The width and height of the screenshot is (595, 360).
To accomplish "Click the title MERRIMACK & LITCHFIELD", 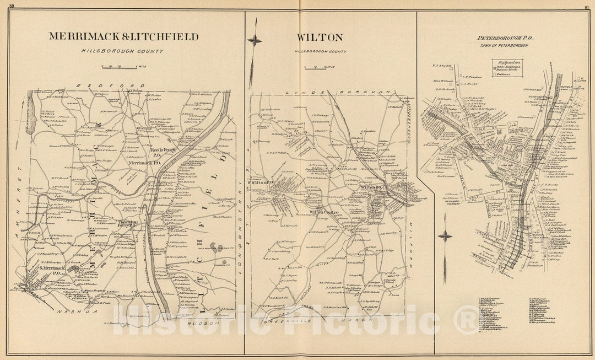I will click(x=123, y=37).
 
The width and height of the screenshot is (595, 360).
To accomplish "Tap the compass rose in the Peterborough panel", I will click(x=444, y=237).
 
